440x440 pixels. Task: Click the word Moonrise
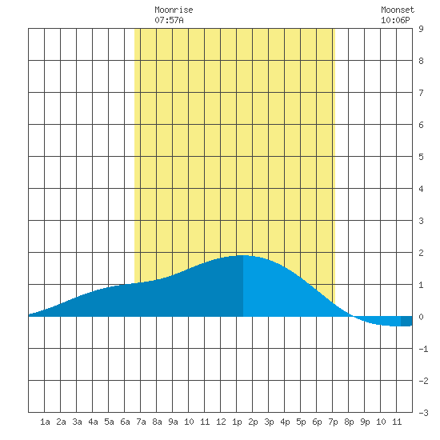coord(174,10)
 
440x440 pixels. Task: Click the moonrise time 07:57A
coord(170,20)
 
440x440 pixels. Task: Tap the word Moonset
coord(398,10)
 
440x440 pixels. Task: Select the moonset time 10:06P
coord(395,20)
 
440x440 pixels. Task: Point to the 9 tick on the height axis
coord(421,29)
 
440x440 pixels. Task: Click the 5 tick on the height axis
coord(421,157)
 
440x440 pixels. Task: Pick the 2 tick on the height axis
coord(421,253)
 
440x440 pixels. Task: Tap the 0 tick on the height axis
coord(421,317)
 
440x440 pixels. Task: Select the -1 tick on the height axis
coord(423,349)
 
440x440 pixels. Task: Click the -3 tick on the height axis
coord(423,413)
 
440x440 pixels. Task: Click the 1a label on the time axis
coord(45,422)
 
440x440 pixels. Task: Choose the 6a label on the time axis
coord(125,422)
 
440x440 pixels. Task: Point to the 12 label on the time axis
coord(221,422)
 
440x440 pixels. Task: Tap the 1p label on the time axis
coord(237,422)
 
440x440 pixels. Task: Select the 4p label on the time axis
coord(285,422)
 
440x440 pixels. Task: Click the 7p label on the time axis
coord(333,422)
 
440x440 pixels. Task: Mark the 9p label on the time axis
coord(365,422)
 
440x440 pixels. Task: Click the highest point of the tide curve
coord(243,255)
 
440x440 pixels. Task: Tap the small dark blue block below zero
coord(406,322)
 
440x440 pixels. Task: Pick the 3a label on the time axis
coord(77,422)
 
